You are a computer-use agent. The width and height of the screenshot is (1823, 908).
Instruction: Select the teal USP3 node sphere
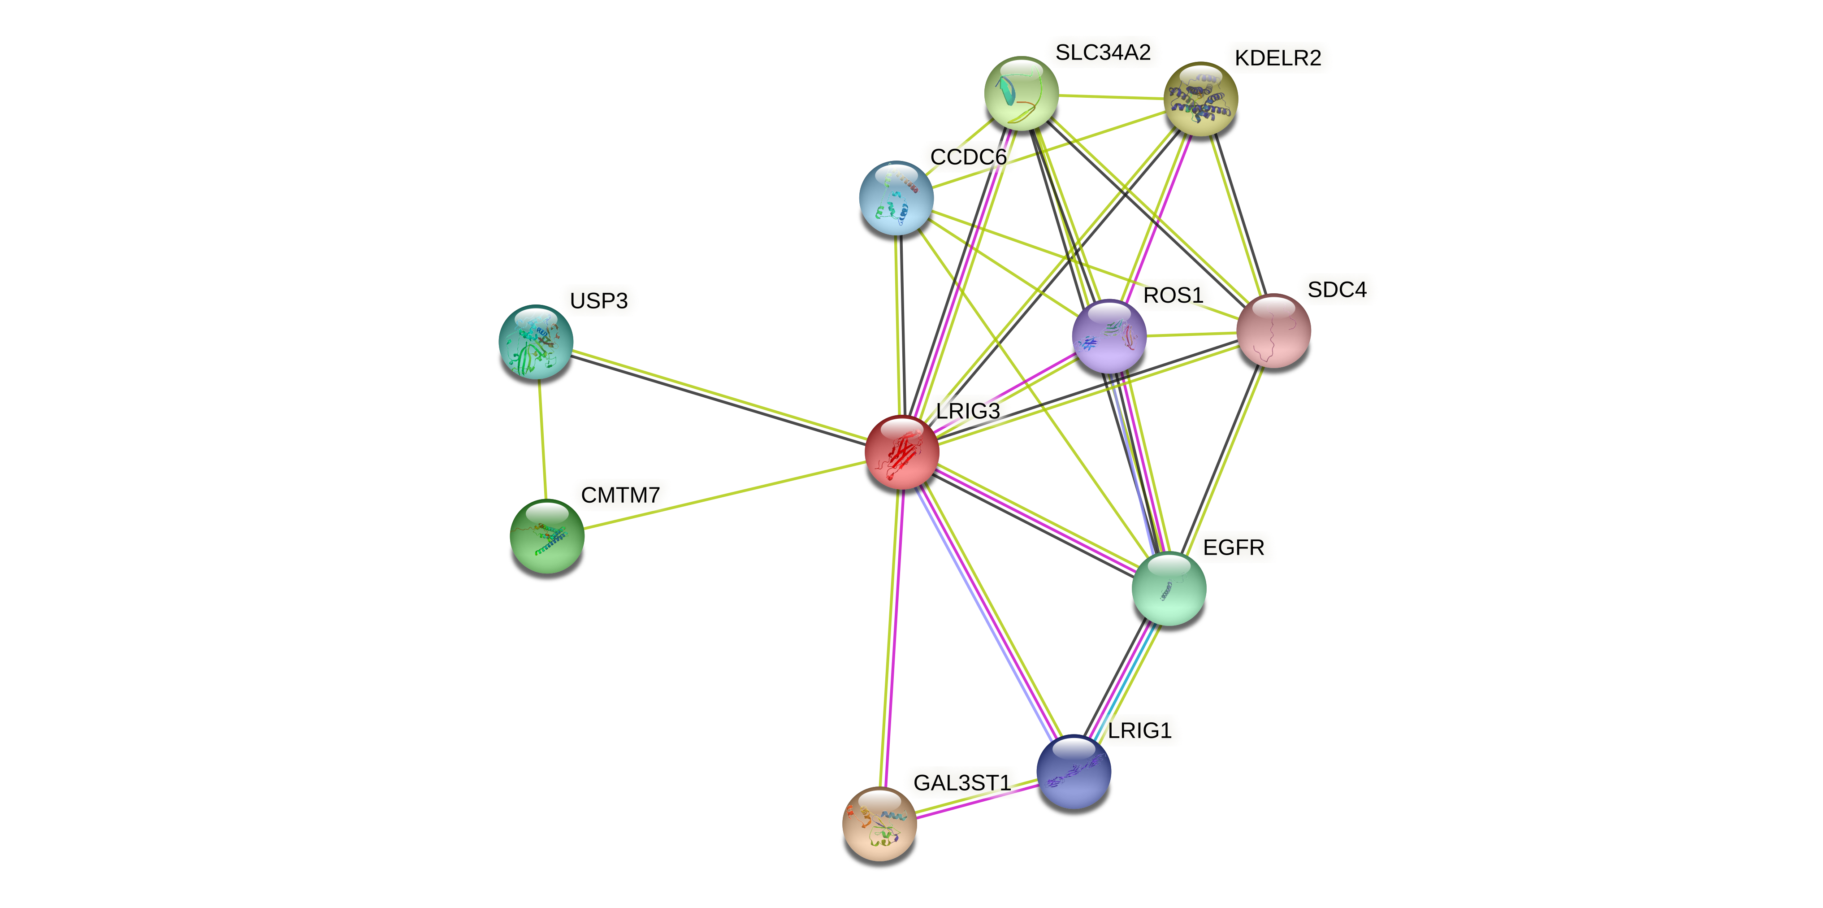[536, 342]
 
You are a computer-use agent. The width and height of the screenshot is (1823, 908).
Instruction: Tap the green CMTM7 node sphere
[547, 536]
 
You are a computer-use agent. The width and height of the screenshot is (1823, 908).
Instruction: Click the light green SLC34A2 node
[1021, 93]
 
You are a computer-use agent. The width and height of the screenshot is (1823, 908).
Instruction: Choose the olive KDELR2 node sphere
[1200, 98]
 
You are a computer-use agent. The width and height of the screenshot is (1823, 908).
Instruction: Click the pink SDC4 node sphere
[1273, 330]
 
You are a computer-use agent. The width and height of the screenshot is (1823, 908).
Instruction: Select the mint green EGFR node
[1169, 588]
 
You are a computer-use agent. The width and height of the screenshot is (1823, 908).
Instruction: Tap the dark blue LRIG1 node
[1074, 771]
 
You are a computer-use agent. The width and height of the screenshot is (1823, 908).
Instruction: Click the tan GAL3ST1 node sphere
[879, 824]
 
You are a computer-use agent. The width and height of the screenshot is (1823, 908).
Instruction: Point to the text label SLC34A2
[1103, 52]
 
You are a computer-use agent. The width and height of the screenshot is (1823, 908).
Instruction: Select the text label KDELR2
[1277, 58]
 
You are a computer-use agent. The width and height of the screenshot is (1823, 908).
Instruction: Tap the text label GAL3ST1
[962, 783]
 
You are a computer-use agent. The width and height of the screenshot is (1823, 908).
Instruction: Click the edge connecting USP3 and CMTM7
[541, 439]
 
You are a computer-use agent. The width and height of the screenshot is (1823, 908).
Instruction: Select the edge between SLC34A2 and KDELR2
[1111, 96]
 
